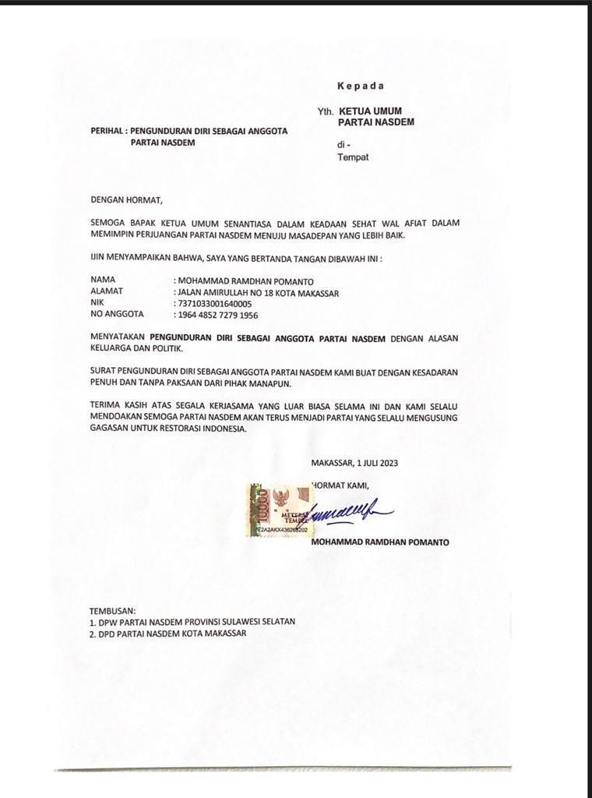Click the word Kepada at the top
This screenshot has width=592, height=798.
(x=361, y=86)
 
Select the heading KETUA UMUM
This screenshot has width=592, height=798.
(x=370, y=111)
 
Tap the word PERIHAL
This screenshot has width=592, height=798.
(x=106, y=131)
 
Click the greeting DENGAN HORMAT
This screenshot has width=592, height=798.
(x=128, y=199)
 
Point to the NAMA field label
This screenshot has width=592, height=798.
(x=103, y=279)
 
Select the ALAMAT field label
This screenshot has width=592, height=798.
(x=107, y=291)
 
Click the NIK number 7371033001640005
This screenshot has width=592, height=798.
(x=215, y=303)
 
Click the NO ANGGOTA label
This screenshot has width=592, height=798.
(x=117, y=315)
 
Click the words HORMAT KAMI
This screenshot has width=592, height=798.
(x=340, y=485)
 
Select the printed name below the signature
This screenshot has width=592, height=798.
(x=379, y=542)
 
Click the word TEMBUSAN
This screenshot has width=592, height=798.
(x=113, y=610)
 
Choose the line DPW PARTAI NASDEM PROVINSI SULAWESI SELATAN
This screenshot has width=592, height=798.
(x=192, y=622)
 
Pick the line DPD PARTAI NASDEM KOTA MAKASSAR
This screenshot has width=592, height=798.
(x=167, y=634)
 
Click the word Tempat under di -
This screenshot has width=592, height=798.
(x=353, y=157)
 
